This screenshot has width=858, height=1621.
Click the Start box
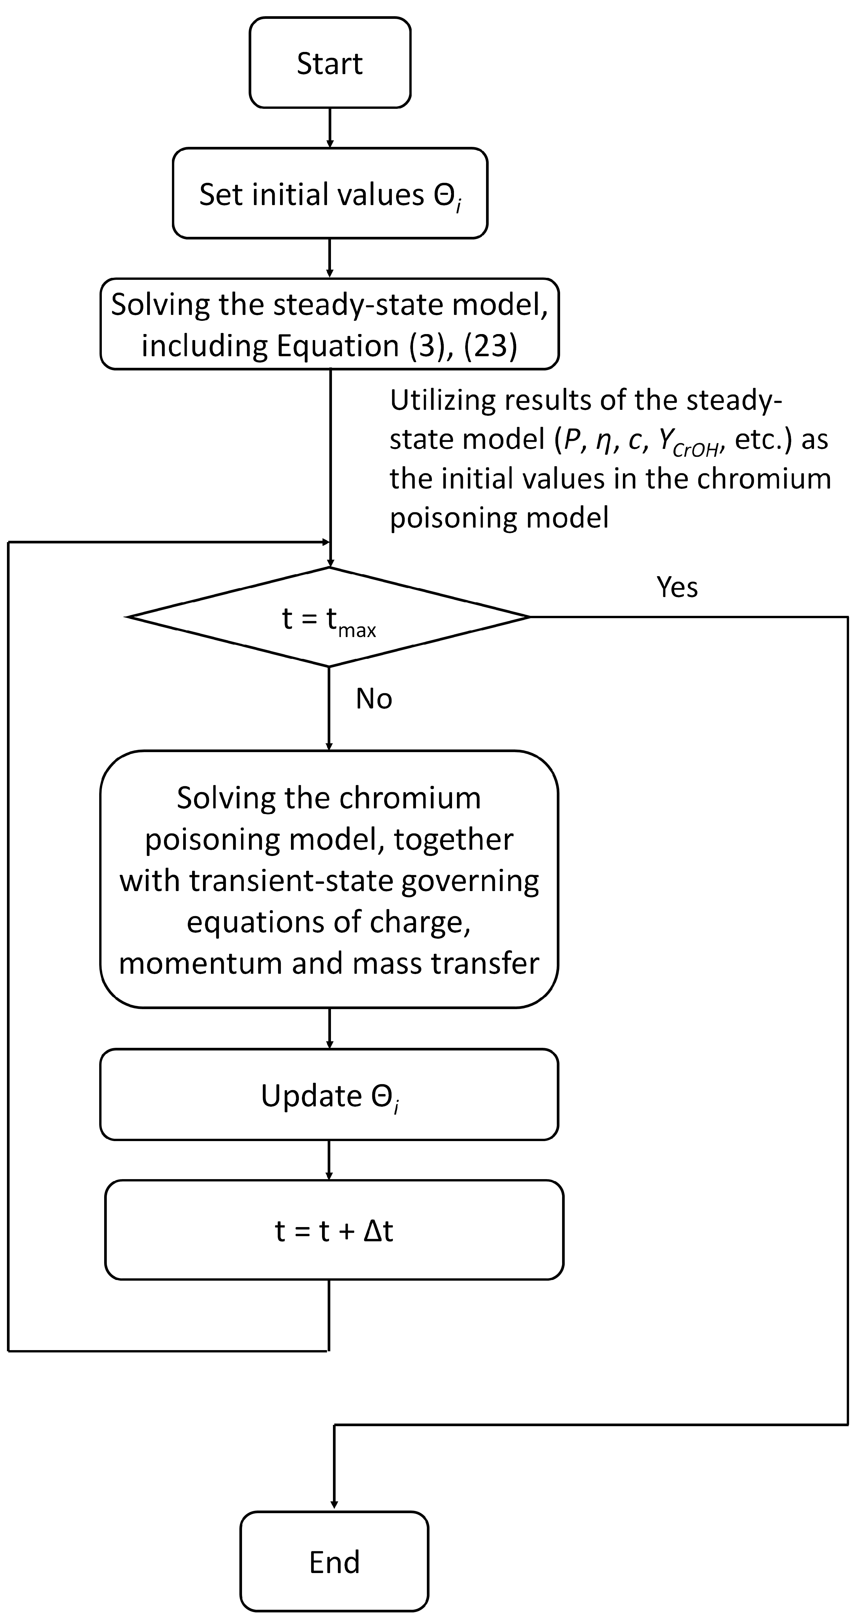[x=330, y=63]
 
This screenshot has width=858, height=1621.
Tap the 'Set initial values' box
[x=330, y=194]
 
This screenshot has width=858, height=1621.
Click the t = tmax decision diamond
[x=328, y=617]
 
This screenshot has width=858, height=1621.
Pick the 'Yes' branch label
[x=677, y=587]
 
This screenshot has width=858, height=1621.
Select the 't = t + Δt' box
[x=334, y=1231]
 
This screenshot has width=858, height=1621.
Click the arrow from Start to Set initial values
[x=330, y=128]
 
